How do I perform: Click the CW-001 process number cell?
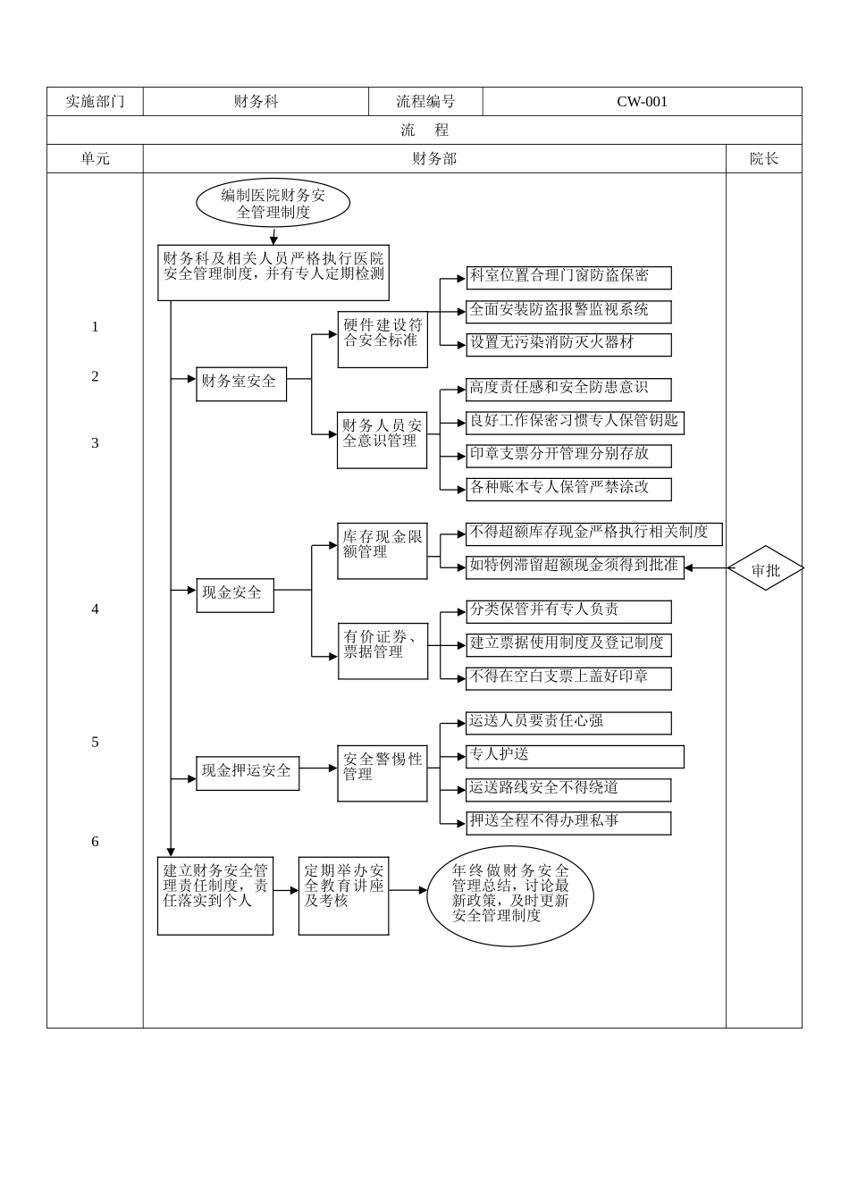642,102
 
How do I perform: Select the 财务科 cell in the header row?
256,102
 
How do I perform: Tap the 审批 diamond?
765,569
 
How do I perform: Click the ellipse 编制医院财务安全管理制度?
273,204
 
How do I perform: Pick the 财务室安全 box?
241,382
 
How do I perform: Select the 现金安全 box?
235,593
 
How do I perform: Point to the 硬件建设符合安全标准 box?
382,339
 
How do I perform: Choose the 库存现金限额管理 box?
382,550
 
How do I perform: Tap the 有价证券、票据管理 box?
382,651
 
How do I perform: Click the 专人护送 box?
575,756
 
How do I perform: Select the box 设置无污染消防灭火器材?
568,344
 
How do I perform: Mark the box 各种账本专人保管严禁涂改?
568,489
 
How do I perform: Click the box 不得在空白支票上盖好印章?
568,677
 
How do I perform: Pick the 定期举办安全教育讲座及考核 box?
343,895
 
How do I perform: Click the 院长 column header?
764,159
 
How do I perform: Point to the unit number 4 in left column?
96,609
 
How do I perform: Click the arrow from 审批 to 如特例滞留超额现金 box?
706,568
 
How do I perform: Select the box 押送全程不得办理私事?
568,822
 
